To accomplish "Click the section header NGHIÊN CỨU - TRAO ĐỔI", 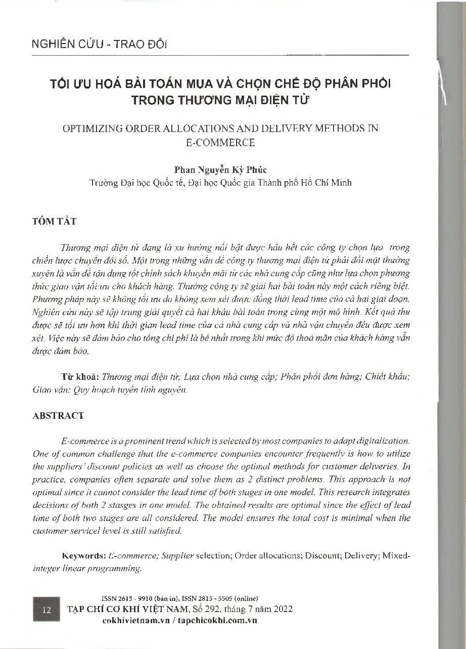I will (x=99, y=44).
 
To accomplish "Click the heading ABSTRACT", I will (x=58, y=415).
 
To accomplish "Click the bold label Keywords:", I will (x=83, y=555).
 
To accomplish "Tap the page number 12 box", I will (x=47, y=610).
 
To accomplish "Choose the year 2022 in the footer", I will (x=281, y=609).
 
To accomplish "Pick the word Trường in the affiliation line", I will (x=102, y=183).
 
